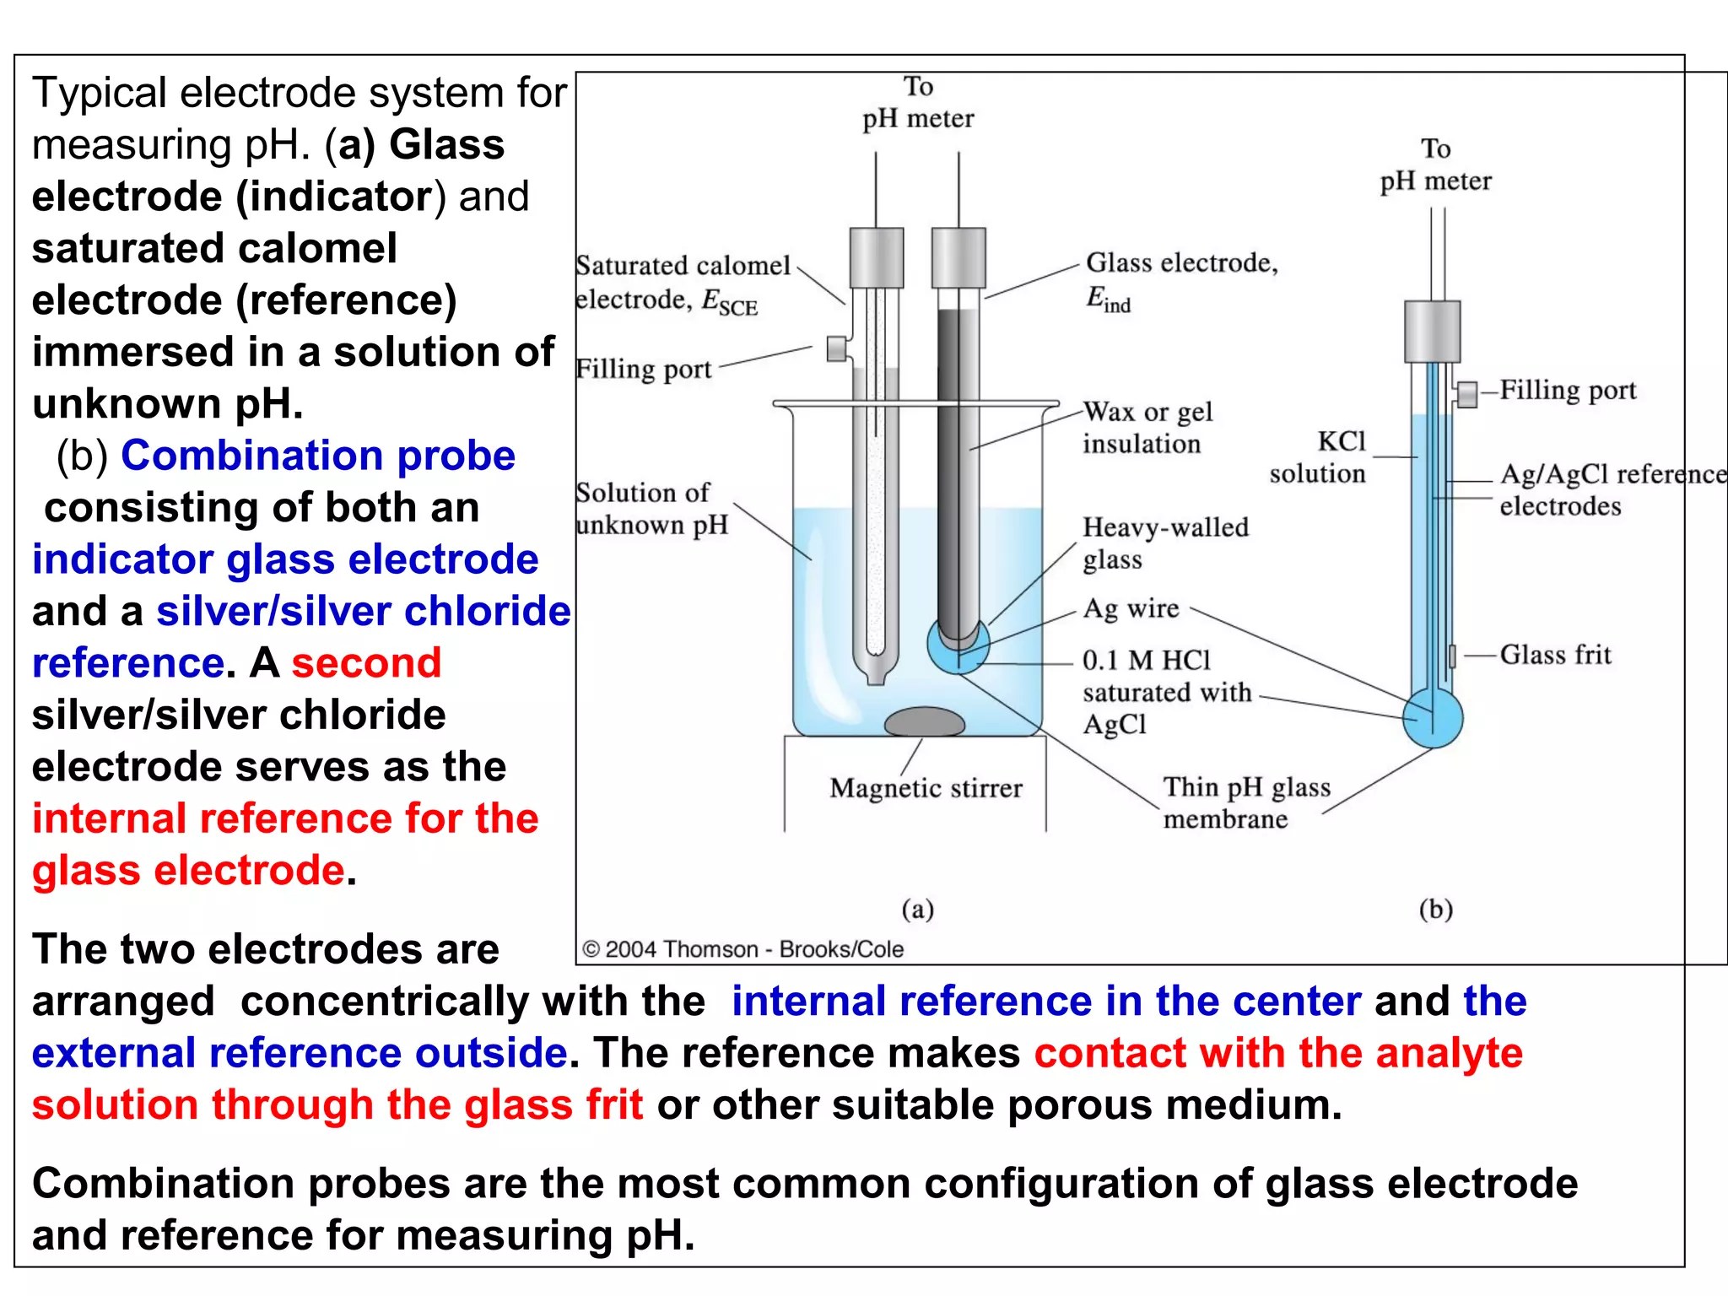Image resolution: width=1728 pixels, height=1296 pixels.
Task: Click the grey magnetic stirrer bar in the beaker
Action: coord(924,722)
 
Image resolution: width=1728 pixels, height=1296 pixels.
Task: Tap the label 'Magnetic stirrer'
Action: coord(926,788)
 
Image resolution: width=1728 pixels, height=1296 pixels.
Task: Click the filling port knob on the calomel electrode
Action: coord(836,348)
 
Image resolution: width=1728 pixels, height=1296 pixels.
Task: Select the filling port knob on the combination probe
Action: coord(1467,393)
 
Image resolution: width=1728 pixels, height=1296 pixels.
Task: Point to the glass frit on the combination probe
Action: coord(1452,655)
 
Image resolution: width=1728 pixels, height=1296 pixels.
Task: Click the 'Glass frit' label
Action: coord(1555,655)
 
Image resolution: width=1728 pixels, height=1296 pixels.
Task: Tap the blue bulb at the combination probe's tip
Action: coord(1433,718)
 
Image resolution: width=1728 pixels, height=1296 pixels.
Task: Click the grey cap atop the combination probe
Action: coord(1432,332)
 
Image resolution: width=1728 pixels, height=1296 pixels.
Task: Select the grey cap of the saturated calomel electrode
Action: coord(877,257)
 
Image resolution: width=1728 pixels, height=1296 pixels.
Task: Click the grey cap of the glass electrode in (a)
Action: coord(958,257)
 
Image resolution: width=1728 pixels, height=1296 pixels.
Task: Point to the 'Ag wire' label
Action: coord(1131,608)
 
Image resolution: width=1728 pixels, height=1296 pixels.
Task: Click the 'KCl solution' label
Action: coord(1318,457)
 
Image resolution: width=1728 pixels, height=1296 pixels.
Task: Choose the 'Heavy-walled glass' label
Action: coord(1164,543)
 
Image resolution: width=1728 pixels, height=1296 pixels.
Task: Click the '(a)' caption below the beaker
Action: coord(918,909)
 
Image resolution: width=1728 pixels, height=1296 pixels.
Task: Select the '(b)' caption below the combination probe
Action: coord(1435,909)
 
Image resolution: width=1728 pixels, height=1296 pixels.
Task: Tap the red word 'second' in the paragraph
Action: coord(366,663)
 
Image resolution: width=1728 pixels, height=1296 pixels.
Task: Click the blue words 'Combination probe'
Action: coord(318,456)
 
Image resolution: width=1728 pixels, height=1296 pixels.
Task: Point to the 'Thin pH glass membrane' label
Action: coord(1245,802)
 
